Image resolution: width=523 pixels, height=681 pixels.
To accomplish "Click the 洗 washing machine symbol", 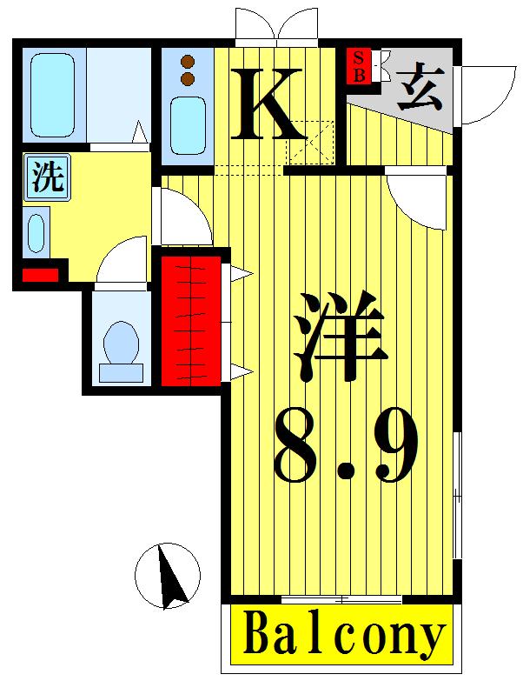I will (48, 177).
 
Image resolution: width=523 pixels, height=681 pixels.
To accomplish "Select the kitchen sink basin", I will (186, 124).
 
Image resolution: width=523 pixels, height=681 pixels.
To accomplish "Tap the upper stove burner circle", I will (187, 61).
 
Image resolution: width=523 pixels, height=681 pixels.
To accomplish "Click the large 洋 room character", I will (341, 336).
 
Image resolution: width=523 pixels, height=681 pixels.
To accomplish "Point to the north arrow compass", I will (168, 575).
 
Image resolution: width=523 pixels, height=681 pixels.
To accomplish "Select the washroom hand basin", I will (36, 232).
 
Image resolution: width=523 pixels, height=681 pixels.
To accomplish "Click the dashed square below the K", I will (310, 141).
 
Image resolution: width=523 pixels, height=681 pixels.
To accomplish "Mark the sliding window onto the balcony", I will (341, 599).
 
